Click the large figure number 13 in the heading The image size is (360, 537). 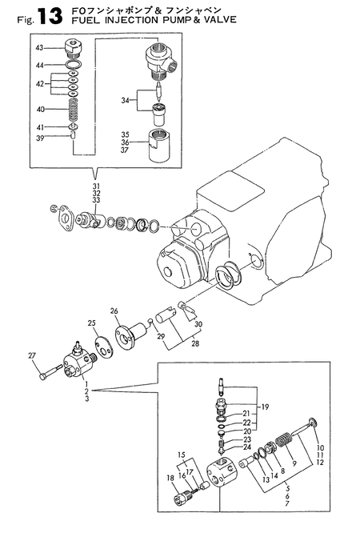tap(50, 16)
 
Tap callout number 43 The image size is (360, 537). tap(40, 47)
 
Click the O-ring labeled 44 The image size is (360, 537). tap(74, 64)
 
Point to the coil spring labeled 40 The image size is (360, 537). tap(74, 110)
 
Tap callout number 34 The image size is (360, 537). tap(125, 101)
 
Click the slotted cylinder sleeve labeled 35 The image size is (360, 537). tap(159, 146)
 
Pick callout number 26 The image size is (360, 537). tap(114, 311)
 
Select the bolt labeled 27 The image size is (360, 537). tap(50, 372)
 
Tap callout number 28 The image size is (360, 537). tap(195, 343)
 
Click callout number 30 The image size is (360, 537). tap(198, 324)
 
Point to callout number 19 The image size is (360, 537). tap(265, 407)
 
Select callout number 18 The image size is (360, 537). tap(170, 478)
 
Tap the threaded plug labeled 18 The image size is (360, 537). tap(182, 496)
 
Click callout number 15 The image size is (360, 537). tap(182, 455)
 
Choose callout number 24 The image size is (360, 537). tap(247, 447)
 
